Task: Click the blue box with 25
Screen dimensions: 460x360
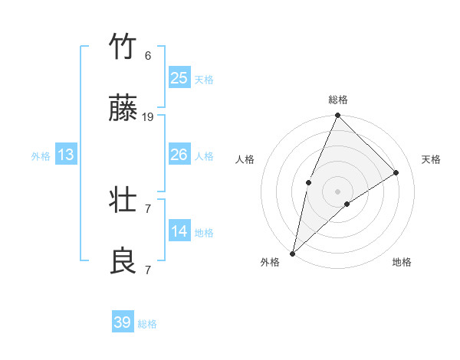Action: [x=179, y=78]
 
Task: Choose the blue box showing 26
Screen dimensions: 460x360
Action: [x=179, y=155]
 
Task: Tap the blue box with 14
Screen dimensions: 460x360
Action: [x=179, y=231]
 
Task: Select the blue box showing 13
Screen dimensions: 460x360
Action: [x=66, y=155]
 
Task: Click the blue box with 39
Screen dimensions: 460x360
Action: [x=123, y=322]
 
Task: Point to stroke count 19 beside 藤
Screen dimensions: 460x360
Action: [x=148, y=116]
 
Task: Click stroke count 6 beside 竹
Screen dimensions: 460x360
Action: [x=148, y=55]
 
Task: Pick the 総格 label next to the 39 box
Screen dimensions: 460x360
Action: [x=147, y=324]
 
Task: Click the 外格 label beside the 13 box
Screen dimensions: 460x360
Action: [x=41, y=156]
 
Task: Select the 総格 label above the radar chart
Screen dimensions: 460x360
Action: [x=338, y=100]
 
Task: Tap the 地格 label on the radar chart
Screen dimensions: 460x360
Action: [x=402, y=262]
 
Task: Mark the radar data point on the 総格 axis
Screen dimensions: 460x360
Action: [x=338, y=116]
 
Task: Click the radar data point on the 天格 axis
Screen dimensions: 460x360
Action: [x=396, y=172]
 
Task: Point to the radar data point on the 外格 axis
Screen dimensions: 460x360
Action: [x=293, y=253]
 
